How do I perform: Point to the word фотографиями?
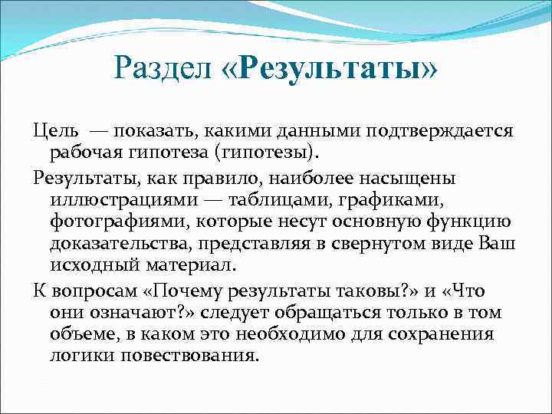pyautogui.click(x=119, y=222)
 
